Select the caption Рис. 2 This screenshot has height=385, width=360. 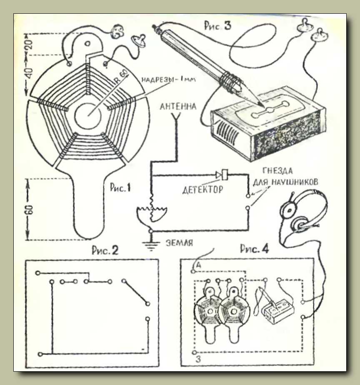coord(105,250)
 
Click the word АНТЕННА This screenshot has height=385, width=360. coord(178,107)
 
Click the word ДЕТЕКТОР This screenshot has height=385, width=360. coord(203,190)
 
